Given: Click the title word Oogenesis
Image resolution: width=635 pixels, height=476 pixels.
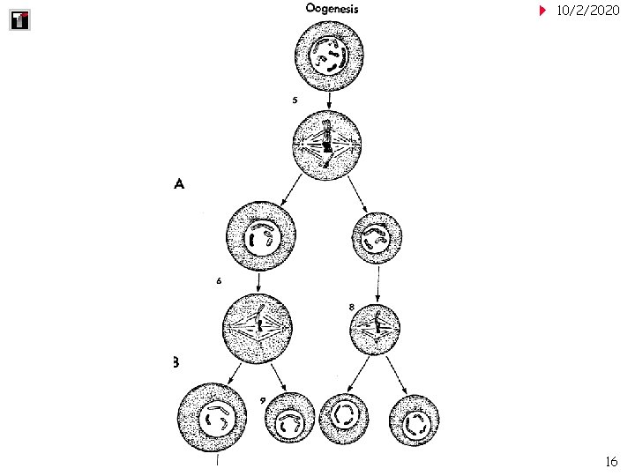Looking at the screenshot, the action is [x=332, y=9].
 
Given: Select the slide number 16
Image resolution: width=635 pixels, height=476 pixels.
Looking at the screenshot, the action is [x=611, y=462].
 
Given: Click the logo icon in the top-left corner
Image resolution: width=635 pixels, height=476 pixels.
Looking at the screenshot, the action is [x=19, y=19].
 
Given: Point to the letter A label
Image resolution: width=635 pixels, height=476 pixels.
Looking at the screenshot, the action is [x=179, y=184].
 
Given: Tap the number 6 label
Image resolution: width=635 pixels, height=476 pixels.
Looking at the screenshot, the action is [x=218, y=281].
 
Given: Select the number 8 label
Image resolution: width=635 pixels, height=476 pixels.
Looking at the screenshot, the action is [x=351, y=307].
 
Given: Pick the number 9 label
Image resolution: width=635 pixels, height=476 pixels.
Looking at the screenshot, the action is [x=263, y=400].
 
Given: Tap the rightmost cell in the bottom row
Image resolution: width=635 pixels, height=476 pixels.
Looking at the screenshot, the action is [x=414, y=421].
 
